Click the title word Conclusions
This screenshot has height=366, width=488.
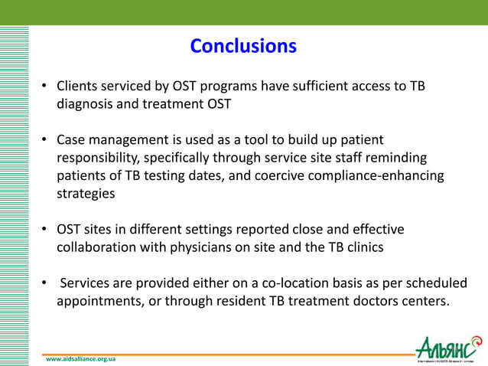pos(243,46)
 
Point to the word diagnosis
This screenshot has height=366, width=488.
pos(86,104)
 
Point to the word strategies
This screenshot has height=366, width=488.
pos(86,194)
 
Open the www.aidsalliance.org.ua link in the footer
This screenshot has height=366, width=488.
pos(80,358)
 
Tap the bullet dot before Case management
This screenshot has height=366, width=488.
pos(46,140)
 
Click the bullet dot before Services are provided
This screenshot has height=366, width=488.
pos(46,283)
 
